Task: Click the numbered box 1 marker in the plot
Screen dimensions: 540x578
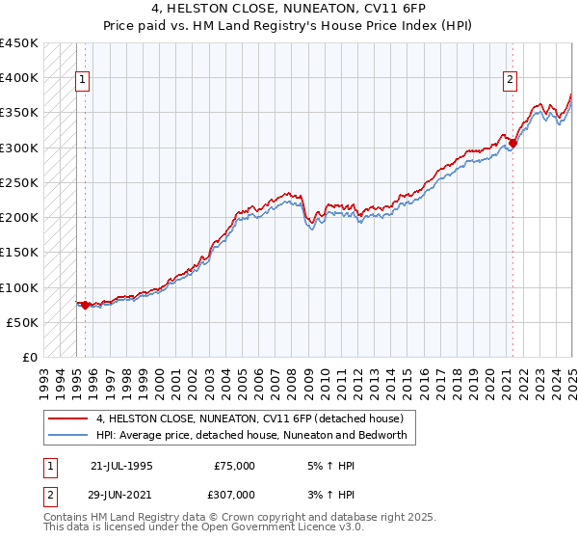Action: point(84,81)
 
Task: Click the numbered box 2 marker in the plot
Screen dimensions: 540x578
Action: point(509,81)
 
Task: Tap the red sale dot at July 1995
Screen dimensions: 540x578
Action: point(85,306)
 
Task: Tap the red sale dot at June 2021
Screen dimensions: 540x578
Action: point(512,144)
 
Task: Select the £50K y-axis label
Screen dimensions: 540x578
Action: point(23,322)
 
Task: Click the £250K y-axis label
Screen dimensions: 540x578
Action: point(19,182)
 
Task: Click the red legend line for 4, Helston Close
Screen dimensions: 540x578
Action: point(68,418)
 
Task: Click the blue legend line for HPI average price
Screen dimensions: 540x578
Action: point(68,435)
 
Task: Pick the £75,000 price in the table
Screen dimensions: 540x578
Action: point(235,466)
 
